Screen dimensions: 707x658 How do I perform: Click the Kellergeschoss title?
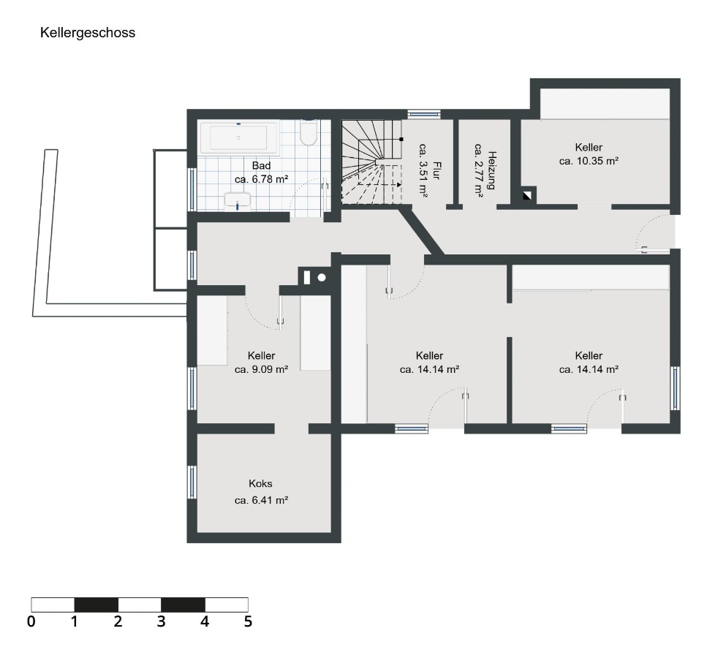(x=88, y=33)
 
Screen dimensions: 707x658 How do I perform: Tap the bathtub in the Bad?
(x=238, y=137)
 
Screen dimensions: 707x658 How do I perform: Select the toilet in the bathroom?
(x=309, y=132)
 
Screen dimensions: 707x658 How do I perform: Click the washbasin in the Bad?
(x=237, y=201)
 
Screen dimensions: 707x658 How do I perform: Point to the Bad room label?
(x=262, y=165)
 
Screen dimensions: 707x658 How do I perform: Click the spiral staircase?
(x=371, y=162)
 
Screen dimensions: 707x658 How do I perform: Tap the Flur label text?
(x=436, y=171)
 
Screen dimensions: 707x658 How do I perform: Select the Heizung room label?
(x=491, y=170)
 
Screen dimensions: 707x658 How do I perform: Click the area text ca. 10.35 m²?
(x=589, y=161)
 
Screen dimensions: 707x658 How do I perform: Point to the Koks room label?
(x=260, y=483)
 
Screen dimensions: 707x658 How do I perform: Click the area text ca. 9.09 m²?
(x=262, y=369)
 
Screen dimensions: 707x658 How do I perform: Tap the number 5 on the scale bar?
(x=248, y=621)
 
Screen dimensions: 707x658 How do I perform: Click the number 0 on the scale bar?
(x=31, y=621)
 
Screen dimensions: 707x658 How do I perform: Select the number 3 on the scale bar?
(x=161, y=621)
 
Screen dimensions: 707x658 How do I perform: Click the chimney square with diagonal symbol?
(x=527, y=196)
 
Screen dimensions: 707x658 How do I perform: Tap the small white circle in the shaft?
(x=322, y=278)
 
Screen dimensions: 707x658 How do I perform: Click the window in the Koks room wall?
(x=192, y=482)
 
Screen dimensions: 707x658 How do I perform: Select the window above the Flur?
(x=424, y=113)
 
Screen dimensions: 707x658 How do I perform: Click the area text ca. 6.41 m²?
(x=262, y=500)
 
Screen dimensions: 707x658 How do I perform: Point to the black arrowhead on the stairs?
(x=399, y=184)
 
